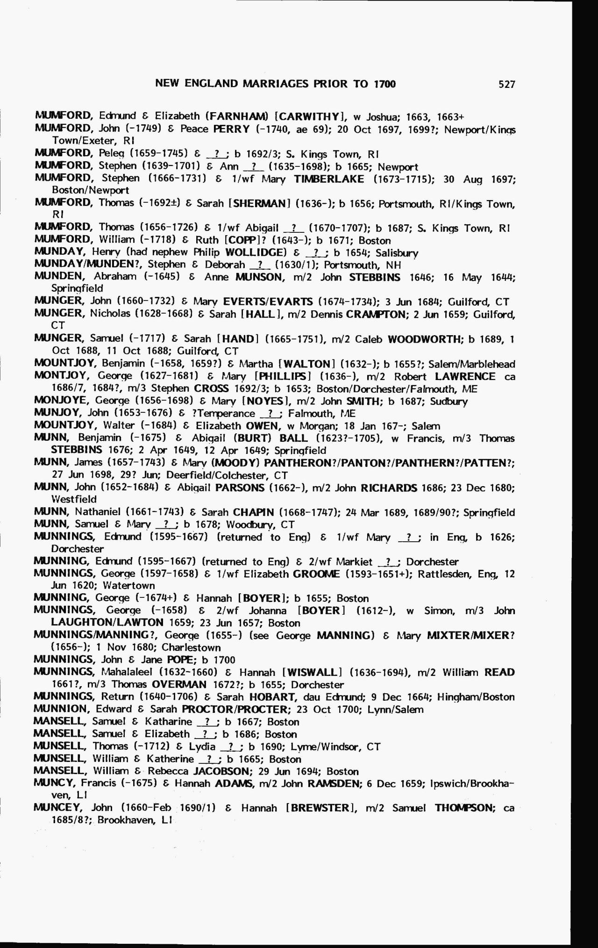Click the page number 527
click(x=506, y=84)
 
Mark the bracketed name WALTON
click(x=308, y=364)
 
